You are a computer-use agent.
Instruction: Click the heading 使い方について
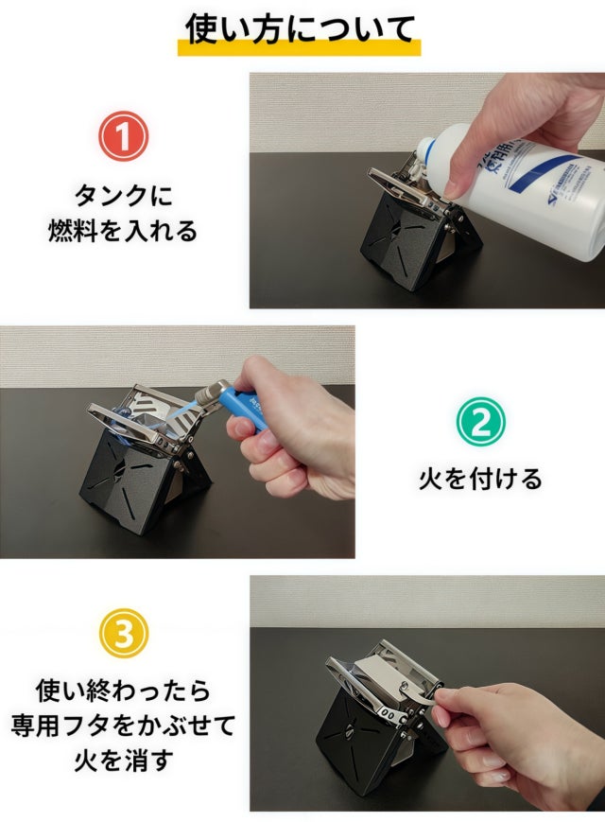coord(300,27)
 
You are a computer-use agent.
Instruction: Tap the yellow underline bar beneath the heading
coord(299,48)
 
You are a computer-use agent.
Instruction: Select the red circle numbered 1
coord(123,136)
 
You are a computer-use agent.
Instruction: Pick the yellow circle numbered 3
coord(124,632)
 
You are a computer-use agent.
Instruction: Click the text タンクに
coord(124,196)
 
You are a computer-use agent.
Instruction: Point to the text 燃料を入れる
coord(123,231)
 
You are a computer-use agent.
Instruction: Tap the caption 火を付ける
coord(480,479)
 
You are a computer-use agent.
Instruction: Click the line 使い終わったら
coord(124,691)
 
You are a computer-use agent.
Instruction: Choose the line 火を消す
coord(124,760)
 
